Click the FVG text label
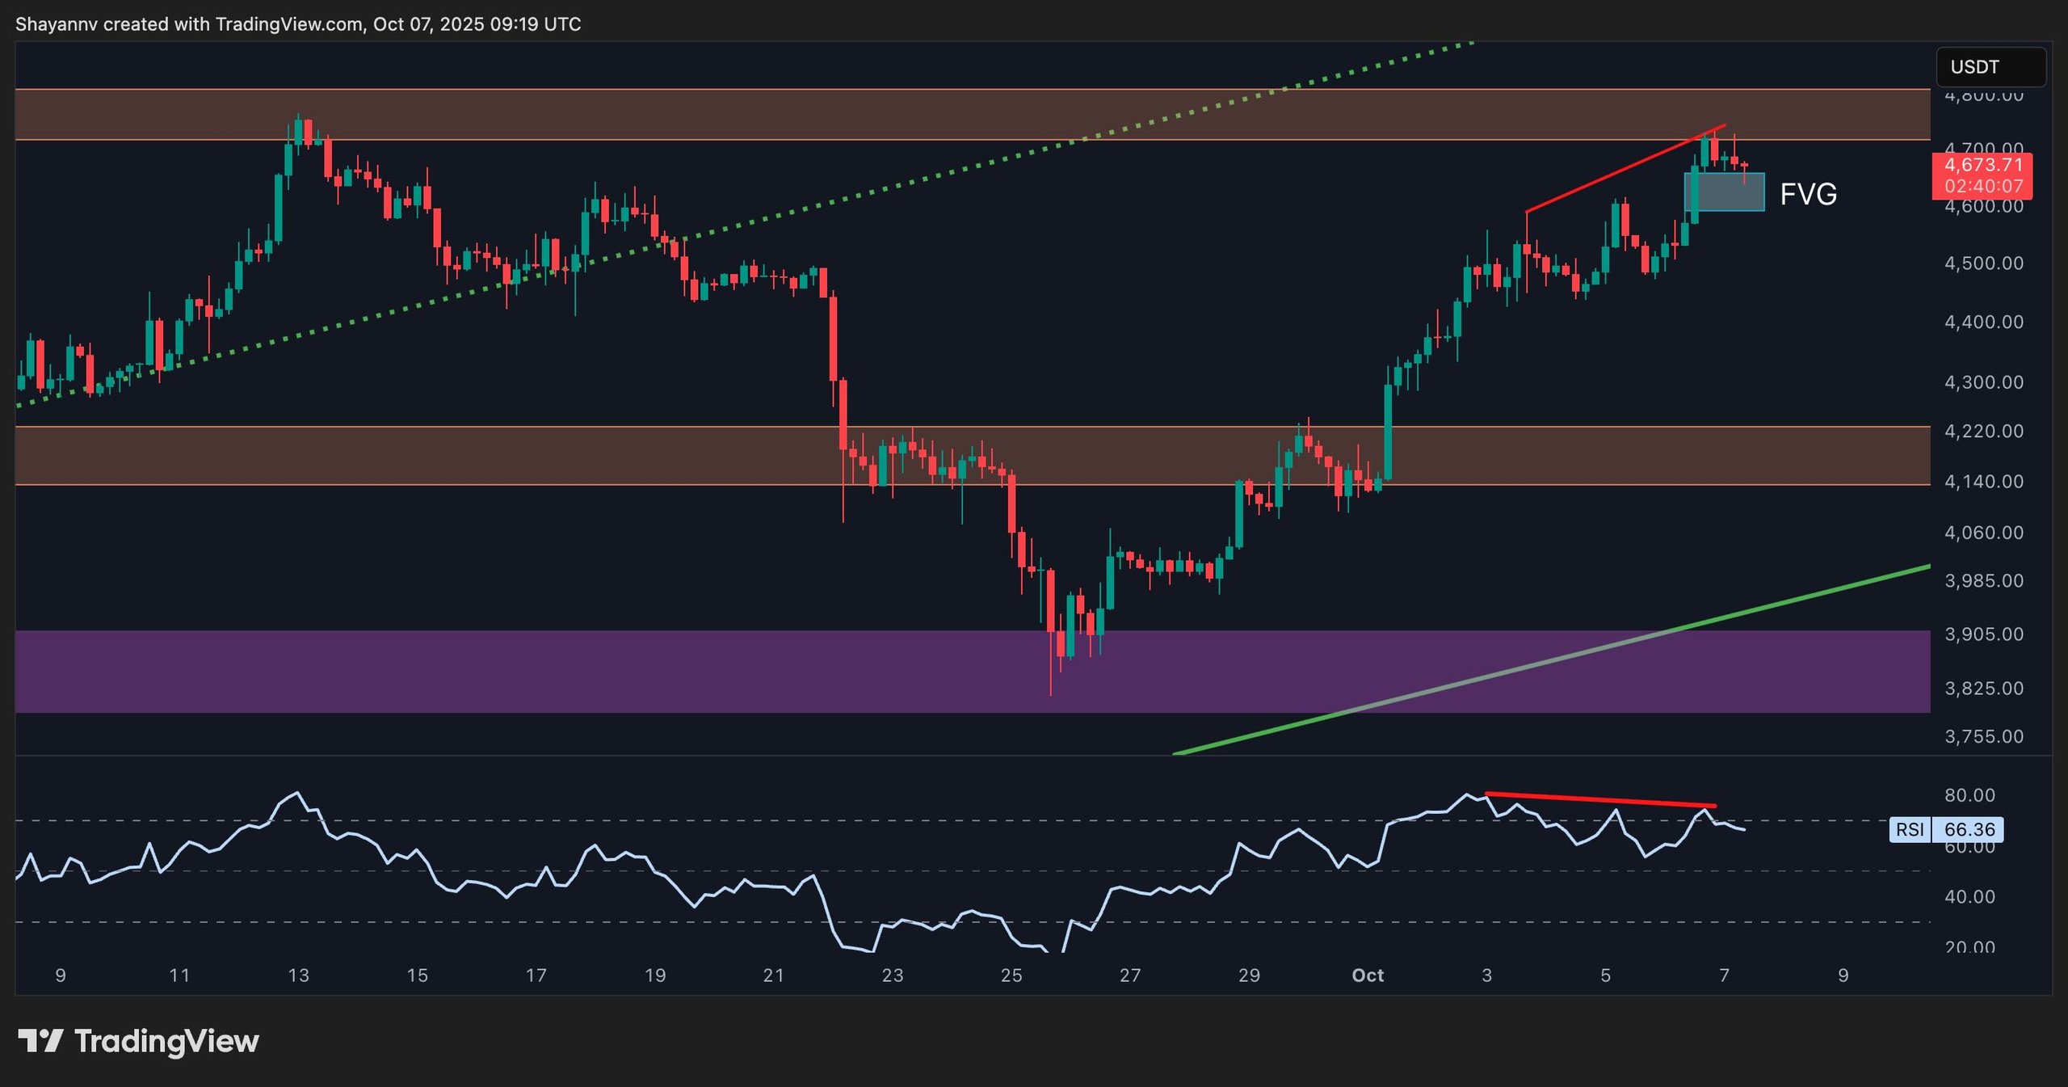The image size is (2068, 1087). tap(1808, 194)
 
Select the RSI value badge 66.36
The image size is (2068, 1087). tap(1969, 829)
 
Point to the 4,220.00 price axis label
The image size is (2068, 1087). tap(1983, 431)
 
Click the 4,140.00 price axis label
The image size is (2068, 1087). tap(1983, 482)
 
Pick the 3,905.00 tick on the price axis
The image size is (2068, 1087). tap(1983, 634)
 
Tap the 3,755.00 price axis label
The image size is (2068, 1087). tap(1983, 736)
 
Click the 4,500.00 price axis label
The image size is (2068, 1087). tap(1983, 263)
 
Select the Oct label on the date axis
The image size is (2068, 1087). tap(1368, 975)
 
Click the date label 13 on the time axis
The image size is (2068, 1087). tap(298, 975)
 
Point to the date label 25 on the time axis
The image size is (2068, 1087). tap(1011, 975)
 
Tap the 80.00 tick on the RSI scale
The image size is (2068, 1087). tap(1969, 795)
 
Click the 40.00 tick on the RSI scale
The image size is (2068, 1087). tap(1969, 896)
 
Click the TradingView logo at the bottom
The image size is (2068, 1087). tap(138, 1041)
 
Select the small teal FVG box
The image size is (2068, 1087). tap(1724, 192)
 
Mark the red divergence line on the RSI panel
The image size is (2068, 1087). tap(1599, 800)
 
